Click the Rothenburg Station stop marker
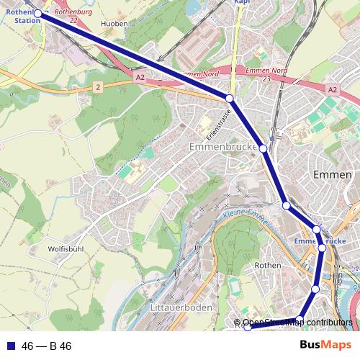pyautogui.click(x=37, y=13)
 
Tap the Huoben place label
pyautogui.click(x=115, y=24)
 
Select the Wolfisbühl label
pyautogui.click(x=67, y=249)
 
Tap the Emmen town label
pyautogui.click(x=333, y=175)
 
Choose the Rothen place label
pyautogui.click(x=268, y=265)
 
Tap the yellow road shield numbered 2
pyautogui.click(x=97, y=86)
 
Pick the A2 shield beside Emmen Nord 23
pyautogui.click(x=331, y=90)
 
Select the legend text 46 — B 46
pyautogui.click(x=47, y=346)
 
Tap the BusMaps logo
pyautogui.click(x=320, y=346)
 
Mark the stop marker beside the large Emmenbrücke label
pyautogui.click(x=264, y=148)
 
